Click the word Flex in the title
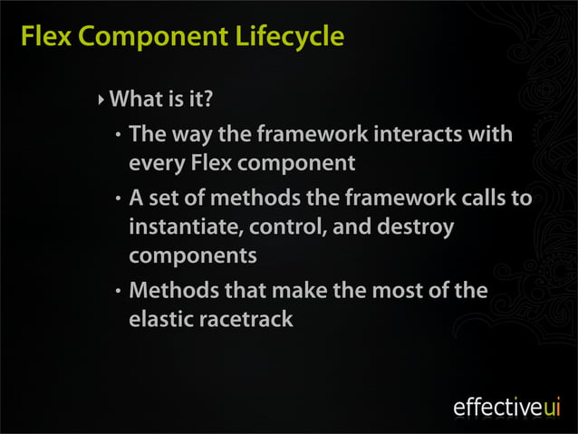pyautogui.click(x=42, y=38)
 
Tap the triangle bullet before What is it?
pyautogui.click(x=101, y=97)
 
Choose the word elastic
pyautogui.click(x=159, y=319)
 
